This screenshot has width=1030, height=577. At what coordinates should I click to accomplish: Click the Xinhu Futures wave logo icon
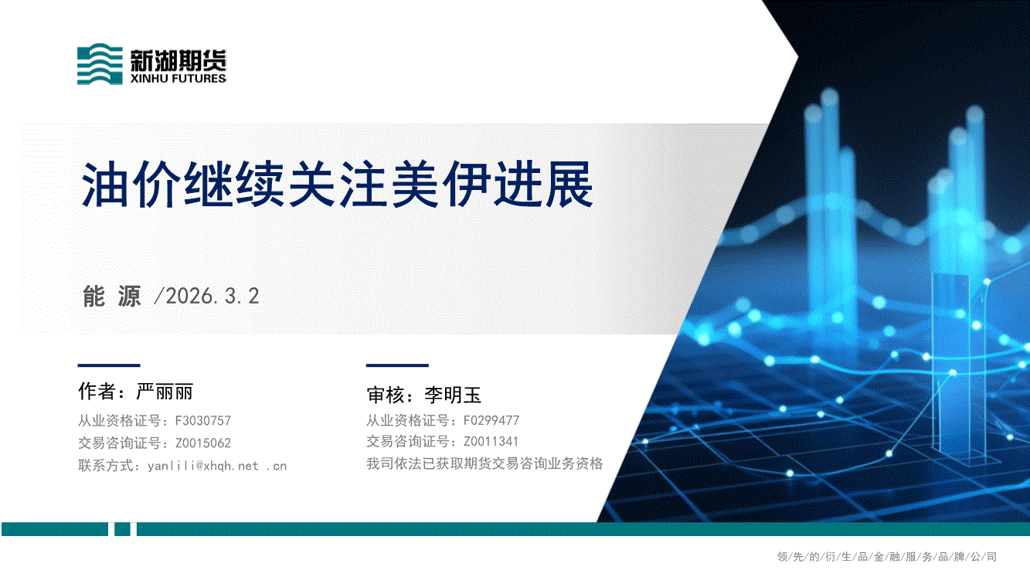(100, 64)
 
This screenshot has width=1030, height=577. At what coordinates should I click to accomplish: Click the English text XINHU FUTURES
(178, 78)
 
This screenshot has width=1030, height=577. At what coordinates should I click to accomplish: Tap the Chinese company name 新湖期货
(178, 60)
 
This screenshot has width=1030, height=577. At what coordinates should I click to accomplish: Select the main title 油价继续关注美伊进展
(338, 185)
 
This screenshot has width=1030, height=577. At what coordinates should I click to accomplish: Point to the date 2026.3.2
(212, 296)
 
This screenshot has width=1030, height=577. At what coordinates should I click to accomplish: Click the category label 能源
(112, 296)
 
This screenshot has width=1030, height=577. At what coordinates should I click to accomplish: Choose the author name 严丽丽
(164, 392)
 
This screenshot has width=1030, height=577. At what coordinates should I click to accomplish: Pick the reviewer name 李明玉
(453, 395)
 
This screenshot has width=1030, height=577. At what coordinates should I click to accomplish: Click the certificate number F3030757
(202, 421)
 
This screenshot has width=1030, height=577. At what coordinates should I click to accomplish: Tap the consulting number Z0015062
(202, 443)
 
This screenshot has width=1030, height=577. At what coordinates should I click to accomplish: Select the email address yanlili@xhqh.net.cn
(217, 467)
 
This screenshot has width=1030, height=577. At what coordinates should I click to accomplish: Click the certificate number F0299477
(491, 420)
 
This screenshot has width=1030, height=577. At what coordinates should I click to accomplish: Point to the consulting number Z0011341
(491, 441)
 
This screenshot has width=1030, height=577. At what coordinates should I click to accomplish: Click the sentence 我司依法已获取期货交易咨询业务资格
(484, 463)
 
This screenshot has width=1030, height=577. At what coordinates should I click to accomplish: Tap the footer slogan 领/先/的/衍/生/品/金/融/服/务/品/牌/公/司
(886, 557)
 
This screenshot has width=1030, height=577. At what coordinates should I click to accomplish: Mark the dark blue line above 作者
(108, 365)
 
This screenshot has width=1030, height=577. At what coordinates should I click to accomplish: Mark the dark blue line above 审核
(397, 365)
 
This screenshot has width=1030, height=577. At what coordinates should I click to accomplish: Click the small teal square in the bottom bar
(122, 529)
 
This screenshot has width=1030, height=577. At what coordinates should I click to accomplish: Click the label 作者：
(102, 392)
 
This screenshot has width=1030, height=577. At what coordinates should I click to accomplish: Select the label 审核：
(390, 395)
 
